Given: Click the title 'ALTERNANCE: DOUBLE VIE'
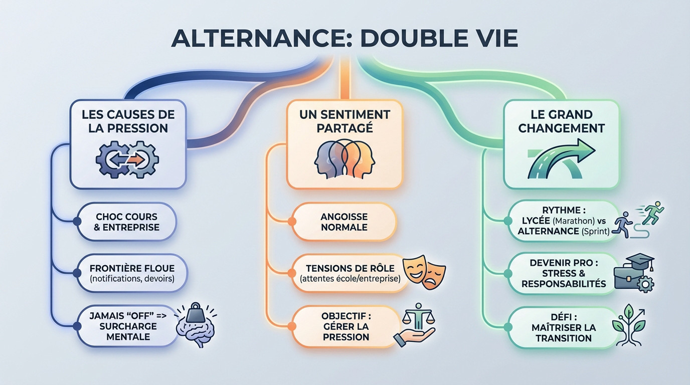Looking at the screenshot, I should [344, 38].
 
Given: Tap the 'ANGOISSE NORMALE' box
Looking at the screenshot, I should [343, 222].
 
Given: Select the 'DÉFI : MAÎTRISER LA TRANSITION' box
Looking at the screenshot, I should [563, 328].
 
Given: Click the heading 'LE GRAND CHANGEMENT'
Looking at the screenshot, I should [561, 121].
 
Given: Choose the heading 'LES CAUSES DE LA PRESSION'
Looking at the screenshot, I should [128, 121].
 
